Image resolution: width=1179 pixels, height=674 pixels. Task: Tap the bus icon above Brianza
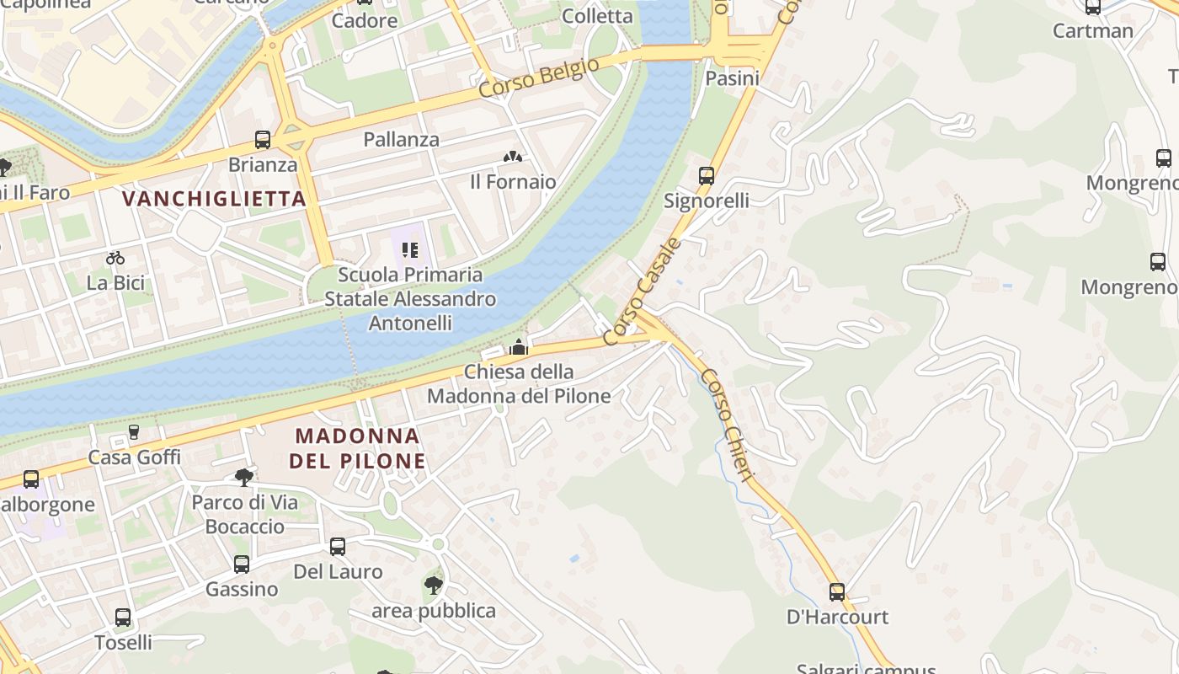(x=263, y=140)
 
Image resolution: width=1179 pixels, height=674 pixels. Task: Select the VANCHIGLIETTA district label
(x=214, y=199)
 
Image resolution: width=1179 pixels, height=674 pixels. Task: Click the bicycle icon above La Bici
(x=115, y=258)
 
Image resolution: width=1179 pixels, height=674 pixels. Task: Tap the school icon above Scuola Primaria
(x=410, y=249)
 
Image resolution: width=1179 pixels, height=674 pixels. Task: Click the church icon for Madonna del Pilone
(x=519, y=347)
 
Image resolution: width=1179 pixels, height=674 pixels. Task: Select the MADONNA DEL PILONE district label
(x=357, y=448)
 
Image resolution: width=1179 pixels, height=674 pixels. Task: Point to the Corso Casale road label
(x=642, y=292)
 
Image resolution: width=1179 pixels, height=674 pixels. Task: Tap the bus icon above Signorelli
(x=707, y=176)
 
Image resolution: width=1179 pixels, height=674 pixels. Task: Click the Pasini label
(x=732, y=78)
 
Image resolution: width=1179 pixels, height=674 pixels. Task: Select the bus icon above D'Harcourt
(x=836, y=592)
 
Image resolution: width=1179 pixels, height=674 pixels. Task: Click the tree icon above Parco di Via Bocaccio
(x=244, y=478)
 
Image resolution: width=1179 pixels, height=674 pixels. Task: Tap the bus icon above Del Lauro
(x=338, y=547)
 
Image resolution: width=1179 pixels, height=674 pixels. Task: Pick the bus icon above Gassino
(x=242, y=564)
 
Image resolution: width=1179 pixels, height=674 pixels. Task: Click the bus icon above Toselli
(x=123, y=618)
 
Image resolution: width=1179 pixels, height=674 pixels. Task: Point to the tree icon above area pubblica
(x=434, y=585)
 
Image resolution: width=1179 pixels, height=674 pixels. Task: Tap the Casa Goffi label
(x=135, y=457)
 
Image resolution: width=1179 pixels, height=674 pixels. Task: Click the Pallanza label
(x=401, y=139)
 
